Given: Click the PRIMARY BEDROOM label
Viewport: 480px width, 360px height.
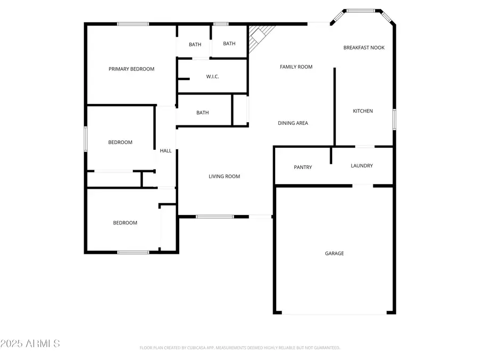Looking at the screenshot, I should [131, 69].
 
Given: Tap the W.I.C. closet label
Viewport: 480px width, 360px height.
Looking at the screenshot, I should [212, 77].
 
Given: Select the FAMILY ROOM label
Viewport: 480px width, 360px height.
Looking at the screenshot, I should [296, 67].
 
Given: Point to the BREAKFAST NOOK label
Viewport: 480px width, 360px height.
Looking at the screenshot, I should [364, 47].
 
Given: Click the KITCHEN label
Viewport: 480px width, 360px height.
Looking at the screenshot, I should [363, 111].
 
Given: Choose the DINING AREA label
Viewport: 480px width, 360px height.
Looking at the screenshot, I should [293, 123].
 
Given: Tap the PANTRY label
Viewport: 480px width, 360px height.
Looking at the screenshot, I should [303, 167].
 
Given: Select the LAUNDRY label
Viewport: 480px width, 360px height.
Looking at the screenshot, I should [362, 166].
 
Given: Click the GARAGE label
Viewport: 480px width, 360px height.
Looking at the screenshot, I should [334, 253].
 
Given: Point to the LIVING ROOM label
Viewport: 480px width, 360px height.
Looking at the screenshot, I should [224, 177].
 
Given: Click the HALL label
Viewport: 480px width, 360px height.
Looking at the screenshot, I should [166, 151].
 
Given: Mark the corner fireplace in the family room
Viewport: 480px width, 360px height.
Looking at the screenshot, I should [259, 36].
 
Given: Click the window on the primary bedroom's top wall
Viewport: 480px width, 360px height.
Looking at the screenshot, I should [133, 23].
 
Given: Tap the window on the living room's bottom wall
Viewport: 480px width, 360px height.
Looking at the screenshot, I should [214, 217].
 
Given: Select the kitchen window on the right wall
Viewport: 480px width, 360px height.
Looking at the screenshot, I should [394, 118].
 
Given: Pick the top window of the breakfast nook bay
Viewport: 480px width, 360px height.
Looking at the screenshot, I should [361, 10].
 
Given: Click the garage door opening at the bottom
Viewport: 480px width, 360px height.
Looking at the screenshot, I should [334, 314].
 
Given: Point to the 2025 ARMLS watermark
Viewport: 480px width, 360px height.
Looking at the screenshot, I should [30, 343].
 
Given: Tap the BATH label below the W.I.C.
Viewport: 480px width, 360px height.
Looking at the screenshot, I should [203, 113].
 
